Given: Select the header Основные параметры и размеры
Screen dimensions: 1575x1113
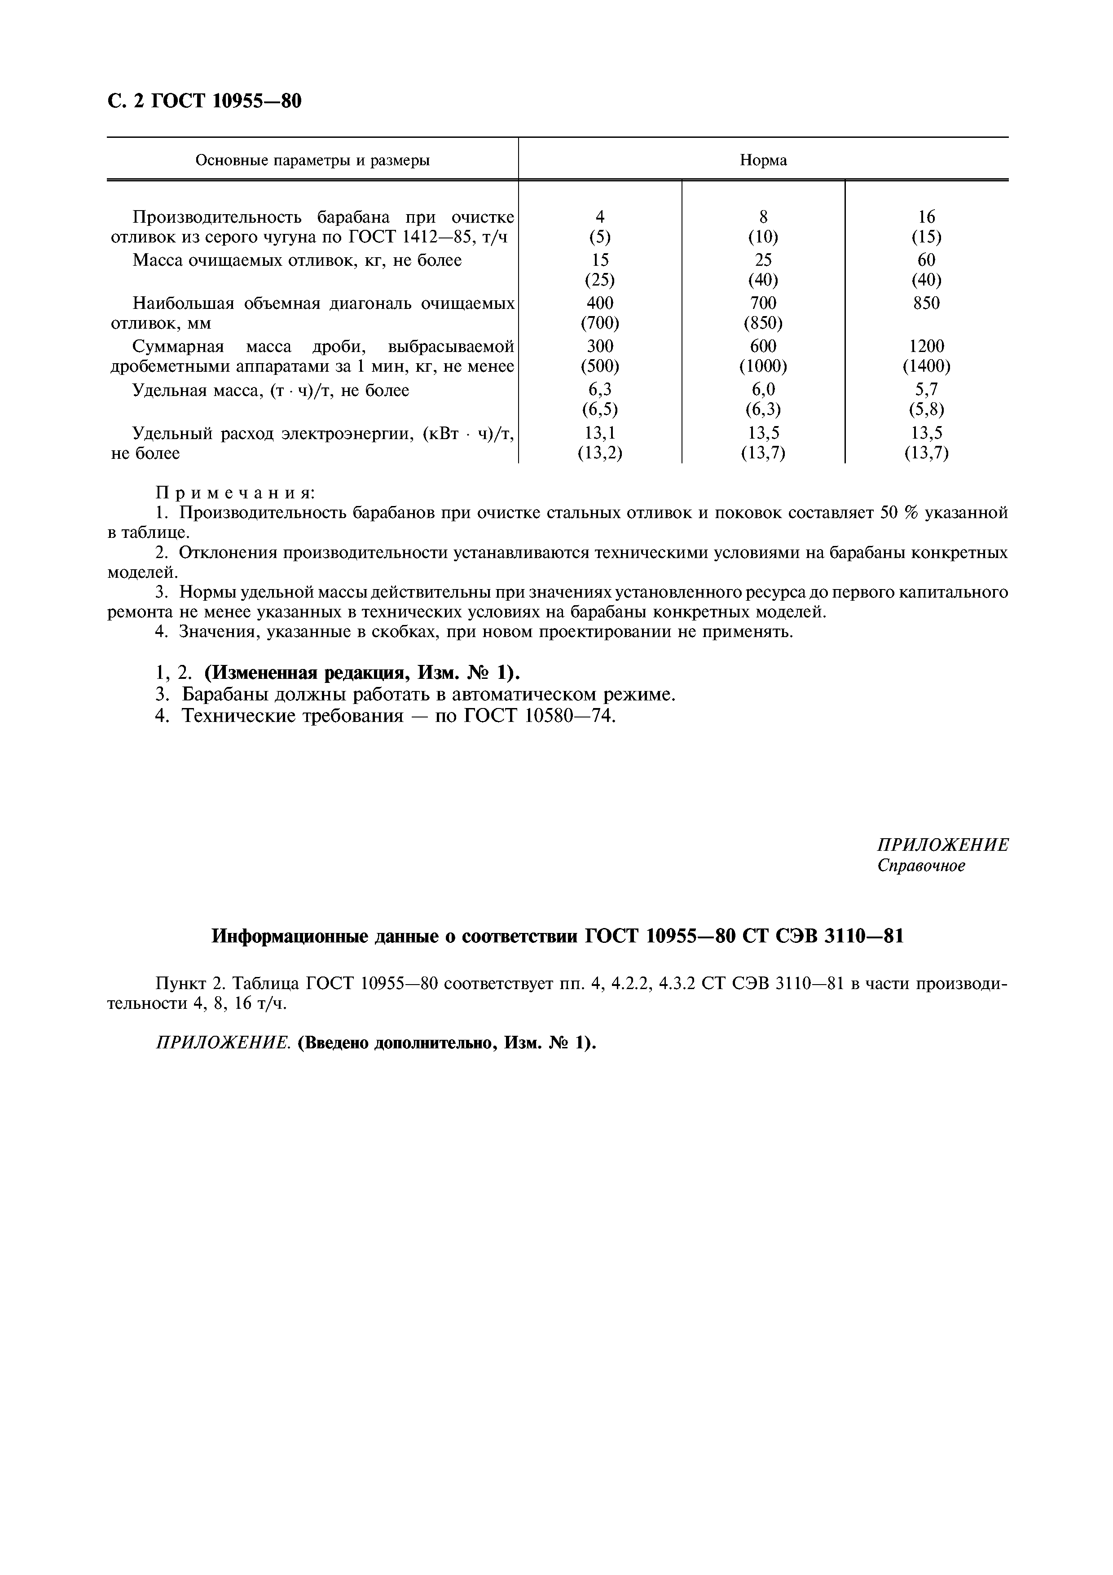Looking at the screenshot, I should (x=313, y=161).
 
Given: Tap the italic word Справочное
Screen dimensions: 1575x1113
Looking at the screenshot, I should (x=920, y=866).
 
